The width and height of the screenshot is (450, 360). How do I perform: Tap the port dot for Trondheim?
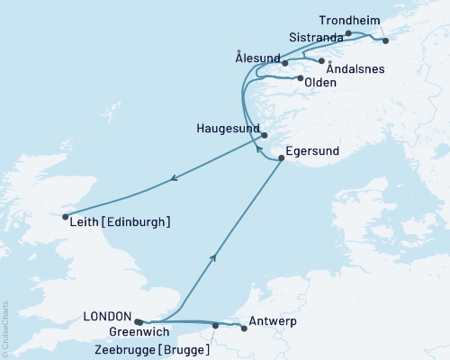coord(385,40)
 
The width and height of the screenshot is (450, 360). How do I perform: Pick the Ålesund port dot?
coord(284,63)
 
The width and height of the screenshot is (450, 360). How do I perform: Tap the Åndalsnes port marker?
coord(322,60)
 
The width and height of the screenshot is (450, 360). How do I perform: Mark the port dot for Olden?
coord(299,78)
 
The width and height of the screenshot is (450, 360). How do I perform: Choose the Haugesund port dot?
coord(265,136)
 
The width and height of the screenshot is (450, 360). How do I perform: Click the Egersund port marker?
coord(282,159)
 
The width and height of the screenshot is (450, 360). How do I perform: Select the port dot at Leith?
coord(64,216)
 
